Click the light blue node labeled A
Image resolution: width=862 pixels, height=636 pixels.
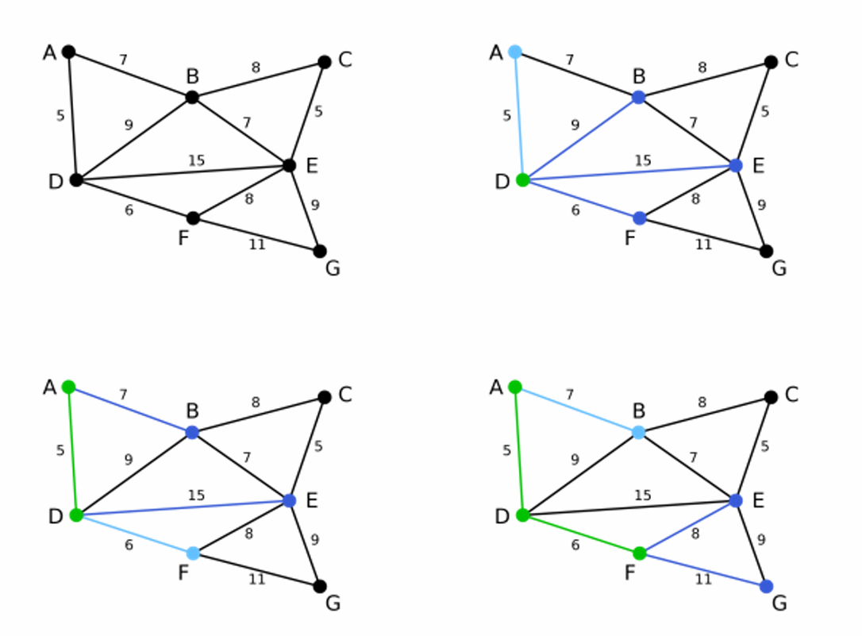click(x=515, y=52)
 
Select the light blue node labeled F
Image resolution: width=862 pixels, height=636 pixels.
click(x=193, y=553)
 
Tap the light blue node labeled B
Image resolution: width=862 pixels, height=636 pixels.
click(x=639, y=432)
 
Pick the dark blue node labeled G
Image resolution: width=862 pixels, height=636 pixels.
click(x=766, y=586)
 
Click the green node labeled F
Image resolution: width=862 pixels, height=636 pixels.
click(x=640, y=553)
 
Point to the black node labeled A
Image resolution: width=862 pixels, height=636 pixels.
click(x=68, y=52)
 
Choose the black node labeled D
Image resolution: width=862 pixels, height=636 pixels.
click(x=76, y=179)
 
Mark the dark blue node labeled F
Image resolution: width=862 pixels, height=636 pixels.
click(x=640, y=218)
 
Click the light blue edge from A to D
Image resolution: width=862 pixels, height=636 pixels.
click(x=518, y=115)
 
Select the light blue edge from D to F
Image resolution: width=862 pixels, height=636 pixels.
click(x=135, y=534)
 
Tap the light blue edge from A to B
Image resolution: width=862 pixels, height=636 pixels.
click(x=577, y=410)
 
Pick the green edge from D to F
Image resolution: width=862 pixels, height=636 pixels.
click(x=581, y=534)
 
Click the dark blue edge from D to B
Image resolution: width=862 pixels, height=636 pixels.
click(x=581, y=138)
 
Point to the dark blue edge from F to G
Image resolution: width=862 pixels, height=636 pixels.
click(x=703, y=569)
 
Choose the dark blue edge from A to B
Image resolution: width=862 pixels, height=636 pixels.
click(x=130, y=410)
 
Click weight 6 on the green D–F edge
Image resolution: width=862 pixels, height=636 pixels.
click(x=575, y=545)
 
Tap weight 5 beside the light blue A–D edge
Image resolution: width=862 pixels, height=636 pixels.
click(x=506, y=115)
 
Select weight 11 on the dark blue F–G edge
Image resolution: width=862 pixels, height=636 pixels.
click(x=703, y=580)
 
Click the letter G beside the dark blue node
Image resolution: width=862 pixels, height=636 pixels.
click(x=779, y=604)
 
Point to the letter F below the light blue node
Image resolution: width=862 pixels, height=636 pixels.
click(x=183, y=572)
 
